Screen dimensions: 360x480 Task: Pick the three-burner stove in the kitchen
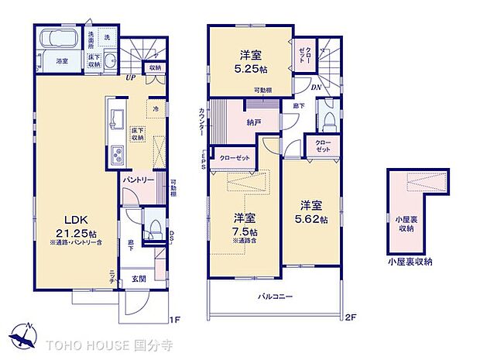tap(118, 154)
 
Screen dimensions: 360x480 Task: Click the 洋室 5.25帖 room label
tap(250, 60)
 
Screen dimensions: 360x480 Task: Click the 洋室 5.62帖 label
tap(312, 212)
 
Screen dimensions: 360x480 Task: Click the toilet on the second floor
tap(328, 121)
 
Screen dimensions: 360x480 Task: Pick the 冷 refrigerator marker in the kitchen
tap(156, 108)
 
